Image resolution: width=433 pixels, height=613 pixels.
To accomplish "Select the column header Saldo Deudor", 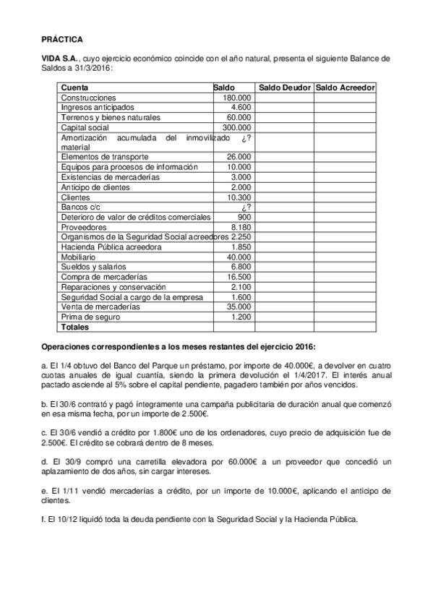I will (284, 87).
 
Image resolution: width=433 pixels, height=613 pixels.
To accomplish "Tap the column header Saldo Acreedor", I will (345, 87).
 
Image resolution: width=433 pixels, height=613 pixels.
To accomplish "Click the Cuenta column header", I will (74, 87).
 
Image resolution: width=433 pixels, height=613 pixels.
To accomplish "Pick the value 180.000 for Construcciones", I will (237, 98).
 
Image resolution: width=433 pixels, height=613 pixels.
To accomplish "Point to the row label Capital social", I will (85, 127).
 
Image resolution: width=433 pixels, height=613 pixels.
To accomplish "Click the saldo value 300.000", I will (237, 127).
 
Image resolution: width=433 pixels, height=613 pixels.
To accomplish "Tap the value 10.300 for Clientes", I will (239, 197).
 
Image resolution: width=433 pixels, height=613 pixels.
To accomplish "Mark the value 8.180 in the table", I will (241, 227).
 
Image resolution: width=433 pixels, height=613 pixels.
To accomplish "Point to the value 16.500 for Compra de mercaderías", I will (239, 277).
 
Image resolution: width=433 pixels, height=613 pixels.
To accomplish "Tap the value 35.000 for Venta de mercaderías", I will (239, 306).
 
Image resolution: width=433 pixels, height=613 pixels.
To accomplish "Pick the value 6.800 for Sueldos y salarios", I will (241, 267).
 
